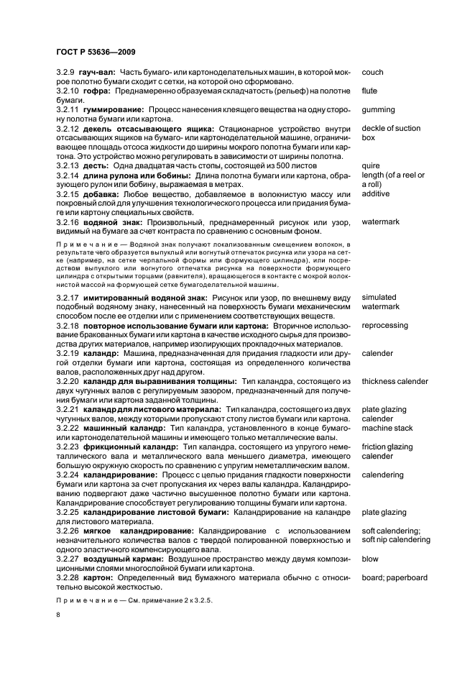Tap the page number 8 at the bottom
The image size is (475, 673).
point(57,615)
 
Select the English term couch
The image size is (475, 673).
point(372,73)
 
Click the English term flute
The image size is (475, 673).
point(369,91)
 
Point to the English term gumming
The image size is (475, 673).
point(378,110)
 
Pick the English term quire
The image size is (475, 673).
point(370,166)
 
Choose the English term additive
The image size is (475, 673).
point(375,194)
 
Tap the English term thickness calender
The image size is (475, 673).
point(395,381)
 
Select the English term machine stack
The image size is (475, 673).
point(387,428)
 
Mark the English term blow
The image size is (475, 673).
point(370,559)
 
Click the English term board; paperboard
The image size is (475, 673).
point(395,577)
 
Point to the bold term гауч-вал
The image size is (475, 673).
point(98,73)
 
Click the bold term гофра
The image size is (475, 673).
point(96,91)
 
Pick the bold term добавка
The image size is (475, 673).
point(100,194)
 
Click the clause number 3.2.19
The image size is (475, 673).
point(68,354)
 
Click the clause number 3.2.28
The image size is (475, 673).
point(68,577)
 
